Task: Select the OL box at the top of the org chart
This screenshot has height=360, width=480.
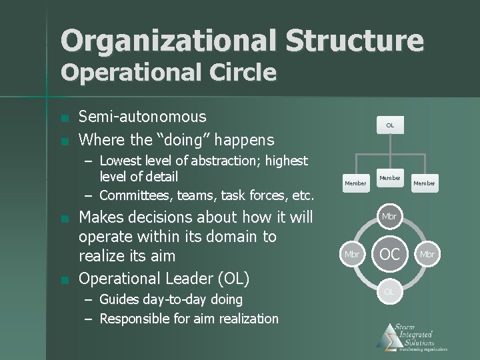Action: pyautogui.click(x=390, y=125)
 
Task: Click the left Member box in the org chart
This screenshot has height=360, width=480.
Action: pyautogui.click(x=355, y=183)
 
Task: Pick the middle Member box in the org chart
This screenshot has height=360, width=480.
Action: pyautogui.click(x=390, y=178)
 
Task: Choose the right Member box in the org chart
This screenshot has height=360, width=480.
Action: pyautogui.click(x=425, y=183)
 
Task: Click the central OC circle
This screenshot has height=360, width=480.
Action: pyautogui.click(x=390, y=254)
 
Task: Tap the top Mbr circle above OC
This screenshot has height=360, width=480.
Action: pyautogui.click(x=390, y=217)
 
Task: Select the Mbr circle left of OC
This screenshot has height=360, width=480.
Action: pyautogui.click(x=352, y=254)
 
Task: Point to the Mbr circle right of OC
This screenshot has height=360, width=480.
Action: pyautogui.click(x=427, y=254)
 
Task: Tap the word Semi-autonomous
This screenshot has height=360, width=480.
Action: pyautogui.click(x=143, y=117)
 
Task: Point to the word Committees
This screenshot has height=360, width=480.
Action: pyautogui.click(x=137, y=195)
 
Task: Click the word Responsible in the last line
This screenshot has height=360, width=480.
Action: pyautogui.click(x=135, y=319)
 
